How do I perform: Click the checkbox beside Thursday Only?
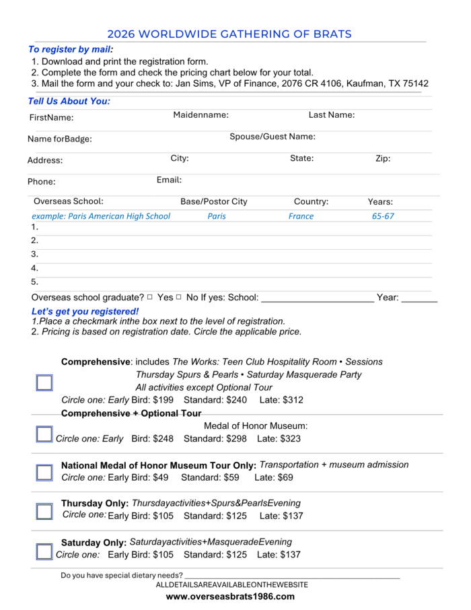[x=44, y=512]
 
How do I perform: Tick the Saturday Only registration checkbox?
[x=44, y=552]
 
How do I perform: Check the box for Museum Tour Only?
[x=44, y=473]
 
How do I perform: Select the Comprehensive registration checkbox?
[x=44, y=383]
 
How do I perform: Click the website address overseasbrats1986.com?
[x=230, y=597]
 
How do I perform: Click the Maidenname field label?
[x=201, y=115]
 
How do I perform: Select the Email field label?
[x=169, y=180]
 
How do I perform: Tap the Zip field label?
[x=383, y=159]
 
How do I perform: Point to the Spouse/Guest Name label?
[x=273, y=137]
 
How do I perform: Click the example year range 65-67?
[x=383, y=216]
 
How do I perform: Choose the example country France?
[x=301, y=216]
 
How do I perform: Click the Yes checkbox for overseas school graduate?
[x=150, y=297]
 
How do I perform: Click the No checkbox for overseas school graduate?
[x=179, y=297]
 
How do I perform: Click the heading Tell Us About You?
[x=69, y=102]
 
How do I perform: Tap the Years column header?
[x=380, y=201]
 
